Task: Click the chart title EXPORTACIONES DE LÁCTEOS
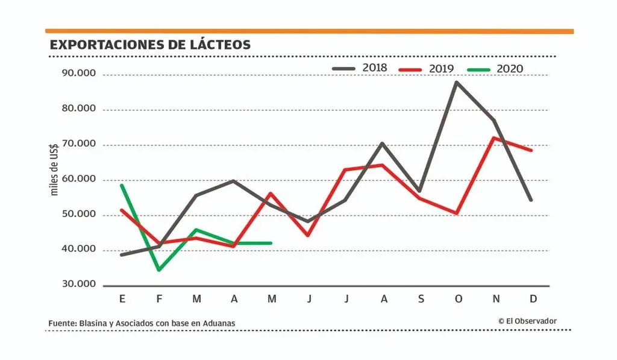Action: (x=150, y=45)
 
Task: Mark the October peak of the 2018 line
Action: (x=456, y=82)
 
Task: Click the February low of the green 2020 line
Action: (x=158, y=270)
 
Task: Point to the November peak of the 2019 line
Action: (x=494, y=137)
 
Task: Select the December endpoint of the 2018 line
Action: (x=531, y=200)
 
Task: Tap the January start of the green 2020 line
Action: (x=122, y=185)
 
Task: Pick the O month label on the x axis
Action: (x=459, y=300)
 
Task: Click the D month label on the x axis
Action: (x=533, y=300)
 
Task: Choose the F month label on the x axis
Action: (x=160, y=300)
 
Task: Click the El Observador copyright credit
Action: (x=527, y=321)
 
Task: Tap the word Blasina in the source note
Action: (x=93, y=323)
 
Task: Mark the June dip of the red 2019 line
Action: (x=307, y=235)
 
